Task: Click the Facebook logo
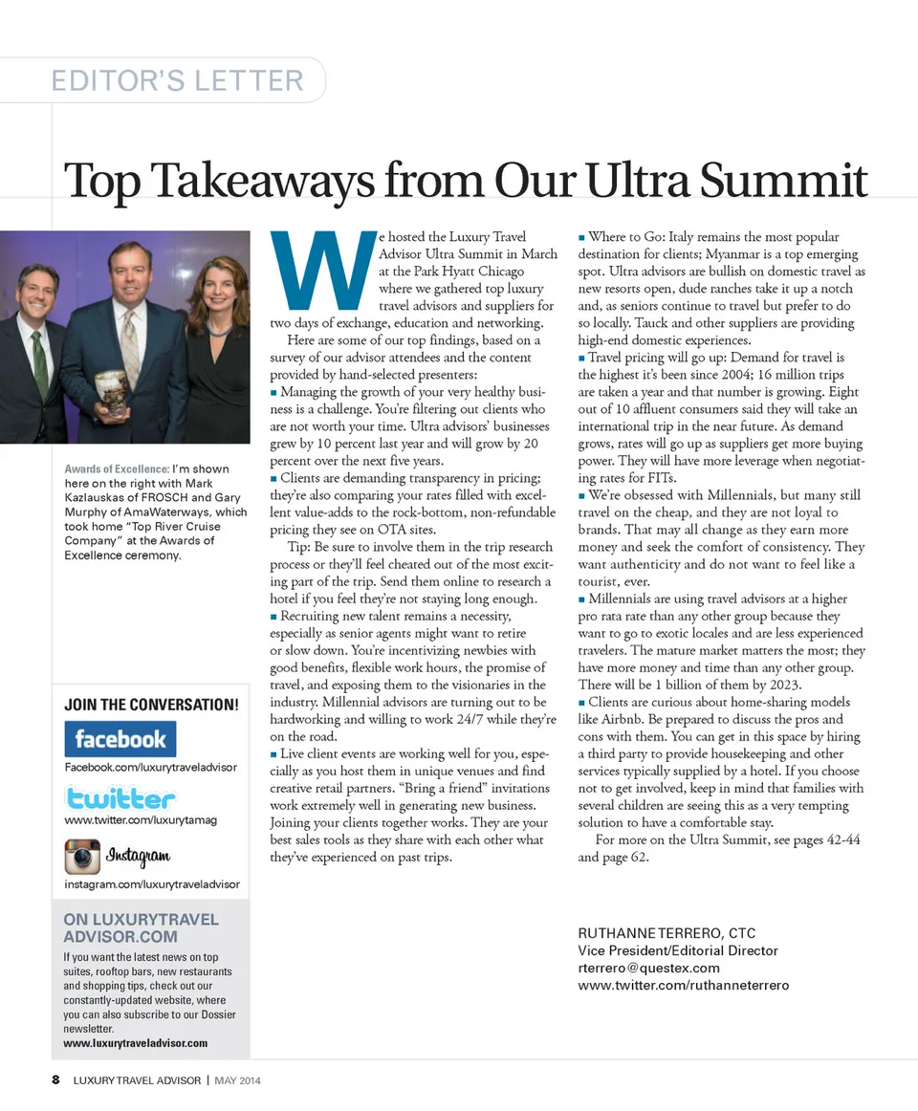tap(120, 739)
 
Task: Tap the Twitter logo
tap(120, 797)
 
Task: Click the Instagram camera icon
tap(82, 856)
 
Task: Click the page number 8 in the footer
tap(56, 1080)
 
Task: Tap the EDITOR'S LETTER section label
tap(178, 80)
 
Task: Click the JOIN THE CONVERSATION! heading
tap(151, 706)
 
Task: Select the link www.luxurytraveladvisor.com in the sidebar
tap(136, 1042)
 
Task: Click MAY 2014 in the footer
tap(238, 1080)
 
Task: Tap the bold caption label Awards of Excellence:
tap(117, 469)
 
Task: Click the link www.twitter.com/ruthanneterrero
tap(684, 985)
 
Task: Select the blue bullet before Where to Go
tap(581, 237)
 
